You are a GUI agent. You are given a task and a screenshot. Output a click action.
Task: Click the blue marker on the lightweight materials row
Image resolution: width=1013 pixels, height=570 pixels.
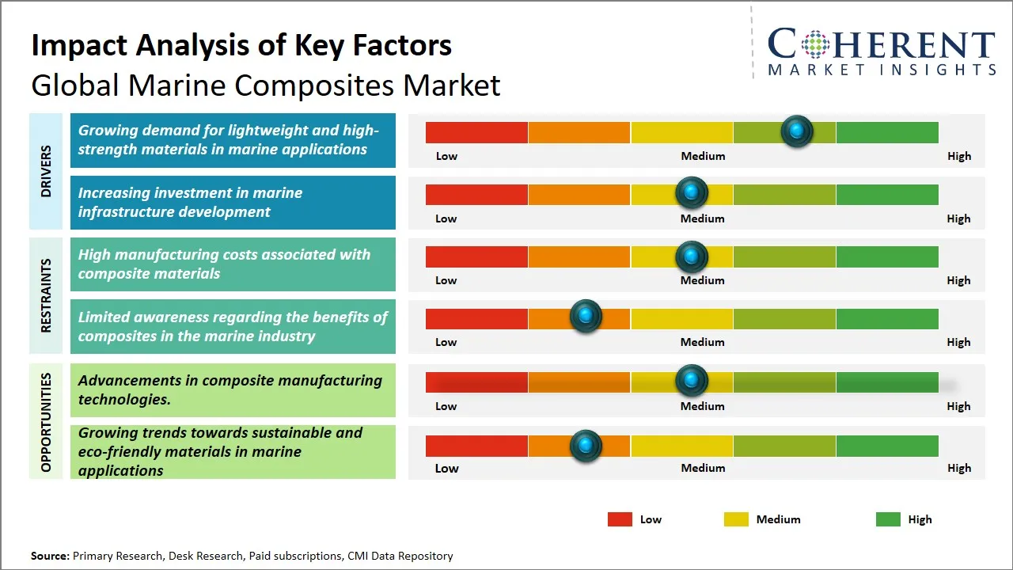click(x=797, y=131)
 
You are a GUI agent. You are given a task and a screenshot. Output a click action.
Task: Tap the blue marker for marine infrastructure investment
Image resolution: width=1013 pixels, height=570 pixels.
click(x=692, y=192)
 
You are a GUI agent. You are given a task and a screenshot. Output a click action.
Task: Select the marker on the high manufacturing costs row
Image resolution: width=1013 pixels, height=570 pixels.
click(x=692, y=256)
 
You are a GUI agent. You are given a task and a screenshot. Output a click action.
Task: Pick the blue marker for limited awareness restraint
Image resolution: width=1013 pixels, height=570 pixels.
click(x=586, y=317)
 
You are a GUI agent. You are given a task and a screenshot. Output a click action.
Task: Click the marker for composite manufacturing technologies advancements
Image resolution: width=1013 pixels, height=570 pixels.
click(x=692, y=381)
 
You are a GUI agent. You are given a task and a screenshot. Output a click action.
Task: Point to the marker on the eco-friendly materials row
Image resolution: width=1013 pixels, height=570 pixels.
click(x=586, y=446)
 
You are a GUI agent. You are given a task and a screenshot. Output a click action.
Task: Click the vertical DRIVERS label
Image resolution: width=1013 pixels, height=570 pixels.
click(x=46, y=171)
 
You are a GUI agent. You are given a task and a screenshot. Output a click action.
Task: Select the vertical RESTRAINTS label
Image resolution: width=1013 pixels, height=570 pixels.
click(x=46, y=295)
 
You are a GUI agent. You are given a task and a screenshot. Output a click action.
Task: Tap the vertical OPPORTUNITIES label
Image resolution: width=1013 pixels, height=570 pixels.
click(x=46, y=422)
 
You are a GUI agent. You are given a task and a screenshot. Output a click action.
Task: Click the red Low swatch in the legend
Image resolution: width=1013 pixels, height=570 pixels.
click(x=620, y=519)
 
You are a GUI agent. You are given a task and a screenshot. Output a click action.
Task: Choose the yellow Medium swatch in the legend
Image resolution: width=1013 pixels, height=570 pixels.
click(x=736, y=519)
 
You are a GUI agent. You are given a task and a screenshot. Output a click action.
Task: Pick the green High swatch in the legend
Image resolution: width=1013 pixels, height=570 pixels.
click(x=888, y=519)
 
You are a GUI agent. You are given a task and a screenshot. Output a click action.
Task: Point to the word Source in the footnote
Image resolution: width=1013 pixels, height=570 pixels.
click(x=50, y=557)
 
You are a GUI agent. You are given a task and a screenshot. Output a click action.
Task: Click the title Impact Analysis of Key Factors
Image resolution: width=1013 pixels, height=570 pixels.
click(x=241, y=45)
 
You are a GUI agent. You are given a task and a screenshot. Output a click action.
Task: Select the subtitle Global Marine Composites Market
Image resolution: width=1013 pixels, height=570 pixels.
click(x=265, y=85)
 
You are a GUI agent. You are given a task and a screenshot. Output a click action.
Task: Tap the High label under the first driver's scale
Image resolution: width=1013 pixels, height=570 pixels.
click(x=958, y=156)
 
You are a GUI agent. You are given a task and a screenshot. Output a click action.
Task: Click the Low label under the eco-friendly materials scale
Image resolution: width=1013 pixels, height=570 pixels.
click(x=446, y=468)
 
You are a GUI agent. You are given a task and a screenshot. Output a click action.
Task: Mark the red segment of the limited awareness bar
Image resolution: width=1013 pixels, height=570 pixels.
click(x=476, y=318)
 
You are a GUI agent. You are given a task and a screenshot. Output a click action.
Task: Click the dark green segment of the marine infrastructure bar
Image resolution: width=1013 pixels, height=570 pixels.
click(x=886, y=194)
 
